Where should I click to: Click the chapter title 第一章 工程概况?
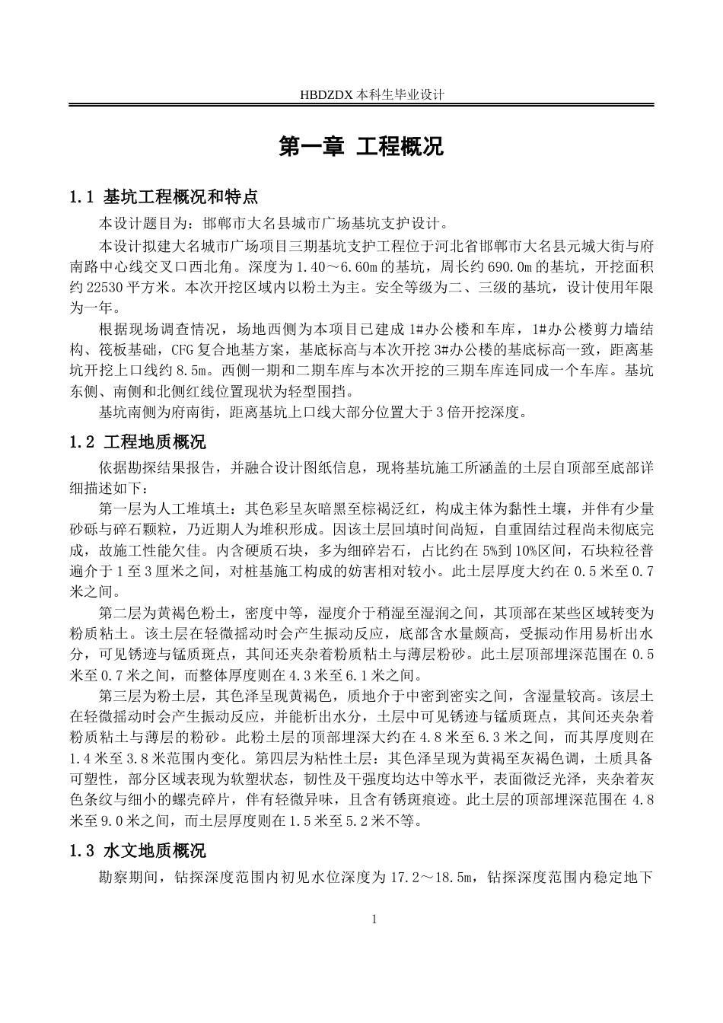(361, 147)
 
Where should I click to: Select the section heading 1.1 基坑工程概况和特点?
(164, 198)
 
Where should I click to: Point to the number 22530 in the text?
(104, 288)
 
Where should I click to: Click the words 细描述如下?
(110, 488)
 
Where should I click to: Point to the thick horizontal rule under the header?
(361, 107)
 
